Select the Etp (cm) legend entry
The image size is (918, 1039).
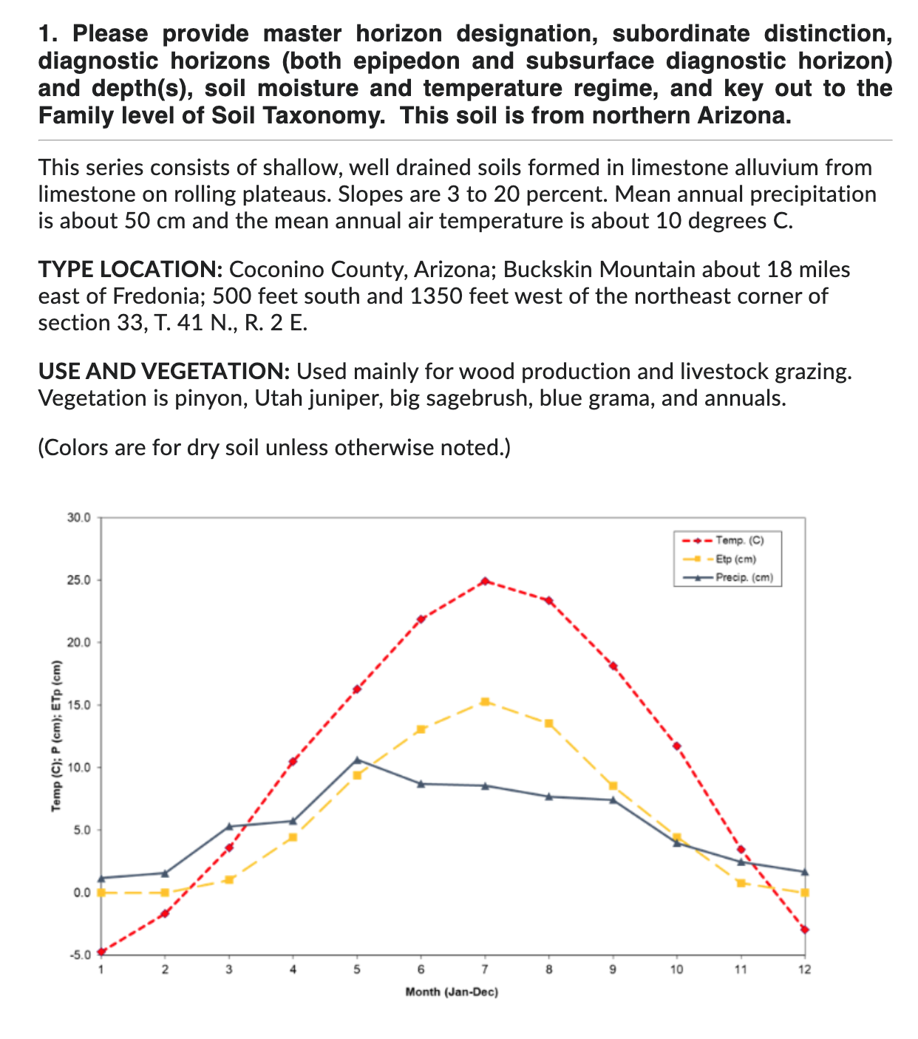tap(735, 559)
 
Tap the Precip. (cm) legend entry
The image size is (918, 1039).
tap(744, 578)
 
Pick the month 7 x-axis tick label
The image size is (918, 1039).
tap(485, 970)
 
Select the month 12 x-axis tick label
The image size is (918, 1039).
tap(804, 970)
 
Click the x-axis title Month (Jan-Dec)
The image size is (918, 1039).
tap(452, 992)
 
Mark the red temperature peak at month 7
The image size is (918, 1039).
tap(485, 581)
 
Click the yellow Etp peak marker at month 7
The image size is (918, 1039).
tap(485, 701)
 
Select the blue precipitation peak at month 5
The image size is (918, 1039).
tap(357, 760)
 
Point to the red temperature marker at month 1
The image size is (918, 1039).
tap(101, 952)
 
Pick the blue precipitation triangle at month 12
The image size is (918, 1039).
tap(804, 872)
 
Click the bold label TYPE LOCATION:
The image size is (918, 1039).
tap(130, 270)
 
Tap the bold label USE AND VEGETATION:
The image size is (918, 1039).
tap(163, 371)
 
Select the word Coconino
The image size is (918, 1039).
tap(279, 270)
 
